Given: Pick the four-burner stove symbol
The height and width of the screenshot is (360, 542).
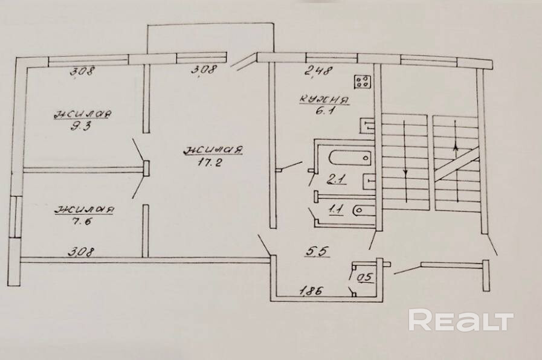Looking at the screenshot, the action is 362,82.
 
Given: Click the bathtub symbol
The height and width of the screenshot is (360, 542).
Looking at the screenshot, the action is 350,158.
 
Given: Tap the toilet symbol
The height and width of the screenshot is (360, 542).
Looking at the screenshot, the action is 361,210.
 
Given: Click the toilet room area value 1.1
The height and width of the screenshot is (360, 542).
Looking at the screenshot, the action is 335,210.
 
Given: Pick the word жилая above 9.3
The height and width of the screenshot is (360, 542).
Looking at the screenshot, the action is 82,114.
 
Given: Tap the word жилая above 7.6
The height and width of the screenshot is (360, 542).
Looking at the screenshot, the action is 84,210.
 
